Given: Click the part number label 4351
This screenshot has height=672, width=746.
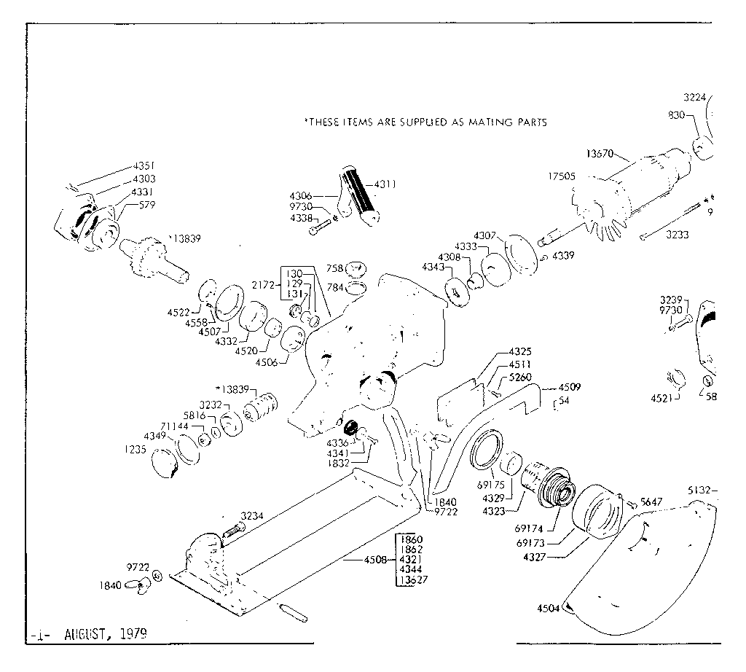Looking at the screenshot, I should click(143, 165).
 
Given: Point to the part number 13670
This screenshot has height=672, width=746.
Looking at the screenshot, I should click(599, 154).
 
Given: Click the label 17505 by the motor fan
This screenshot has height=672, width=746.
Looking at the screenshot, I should click(562, 176).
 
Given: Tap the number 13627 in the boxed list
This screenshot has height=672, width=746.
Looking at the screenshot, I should click(412, 580).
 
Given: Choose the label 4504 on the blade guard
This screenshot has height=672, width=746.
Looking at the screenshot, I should click(549, 609).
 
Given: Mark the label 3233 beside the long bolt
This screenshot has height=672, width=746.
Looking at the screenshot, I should click(678, 235).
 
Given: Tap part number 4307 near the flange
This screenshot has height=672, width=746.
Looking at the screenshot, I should click(484, 235).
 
